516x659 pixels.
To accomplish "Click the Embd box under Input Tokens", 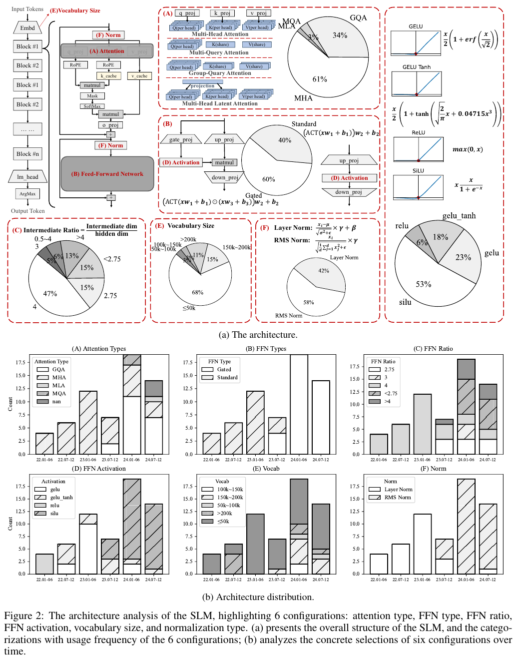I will (x=27, y=28).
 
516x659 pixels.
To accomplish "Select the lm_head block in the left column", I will (x=27, y=177).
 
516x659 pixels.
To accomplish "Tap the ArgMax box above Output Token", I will (x=27, y=194).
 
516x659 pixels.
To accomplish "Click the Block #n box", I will (x=27, y=154).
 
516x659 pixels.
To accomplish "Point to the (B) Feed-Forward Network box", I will (x=107, y=174).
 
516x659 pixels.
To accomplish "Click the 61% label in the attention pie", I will (x=320, y=79).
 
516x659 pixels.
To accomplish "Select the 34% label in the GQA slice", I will (x=340, y=35).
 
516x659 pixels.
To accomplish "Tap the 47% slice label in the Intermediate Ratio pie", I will (x=50, y=294).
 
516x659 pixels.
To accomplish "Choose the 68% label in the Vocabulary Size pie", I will (x=198, y=292).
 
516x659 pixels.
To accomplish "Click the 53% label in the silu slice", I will (x=424, y=284).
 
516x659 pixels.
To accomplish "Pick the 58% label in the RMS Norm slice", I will (x=309, y=302).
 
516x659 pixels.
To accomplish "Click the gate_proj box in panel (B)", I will (x=181, y=139).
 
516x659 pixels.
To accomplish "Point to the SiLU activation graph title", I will (x=418, y=171).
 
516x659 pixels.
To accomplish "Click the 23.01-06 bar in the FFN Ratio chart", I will (x=422, y=424).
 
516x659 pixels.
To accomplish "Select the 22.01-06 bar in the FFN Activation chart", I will (x=44, y=564).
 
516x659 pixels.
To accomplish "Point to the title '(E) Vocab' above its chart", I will (x=266, y=469).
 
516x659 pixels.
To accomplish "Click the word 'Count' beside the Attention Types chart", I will (x=10, y=404).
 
